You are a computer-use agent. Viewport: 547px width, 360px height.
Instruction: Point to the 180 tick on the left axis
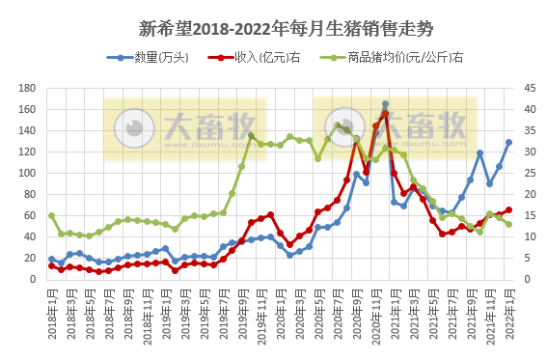point(27,90)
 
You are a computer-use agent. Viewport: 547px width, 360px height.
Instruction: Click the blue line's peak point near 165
point(385,104)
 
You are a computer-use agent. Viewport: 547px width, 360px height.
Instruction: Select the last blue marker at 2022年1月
point(508,143)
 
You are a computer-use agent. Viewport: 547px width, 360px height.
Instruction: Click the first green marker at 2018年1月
point(51,215)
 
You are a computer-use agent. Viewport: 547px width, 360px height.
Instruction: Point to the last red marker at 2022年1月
point(508,209)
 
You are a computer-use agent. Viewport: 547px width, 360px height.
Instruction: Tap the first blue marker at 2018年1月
point(51,259)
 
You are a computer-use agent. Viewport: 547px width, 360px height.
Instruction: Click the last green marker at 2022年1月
point(508,224)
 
